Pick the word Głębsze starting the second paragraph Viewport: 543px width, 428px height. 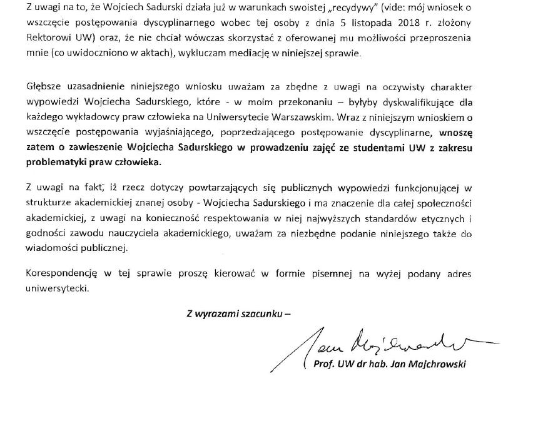coord(46,86)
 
